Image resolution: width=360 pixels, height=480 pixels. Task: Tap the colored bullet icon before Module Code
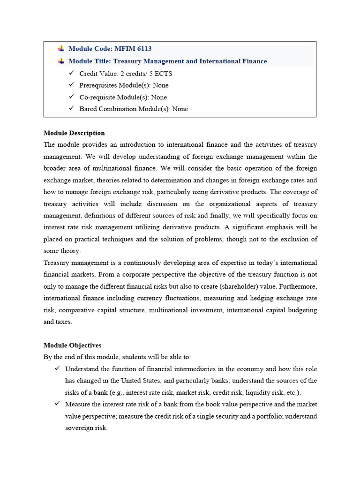click(61, 49)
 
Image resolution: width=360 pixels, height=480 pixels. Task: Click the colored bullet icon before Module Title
click(61, 61)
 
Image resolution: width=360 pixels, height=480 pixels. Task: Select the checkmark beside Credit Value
click(71, 73)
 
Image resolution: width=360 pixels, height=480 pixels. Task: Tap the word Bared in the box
click(89, 109)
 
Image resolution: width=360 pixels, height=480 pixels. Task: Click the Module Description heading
click(74, 133)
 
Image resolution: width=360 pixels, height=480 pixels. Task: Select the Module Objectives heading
click(72, 345)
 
